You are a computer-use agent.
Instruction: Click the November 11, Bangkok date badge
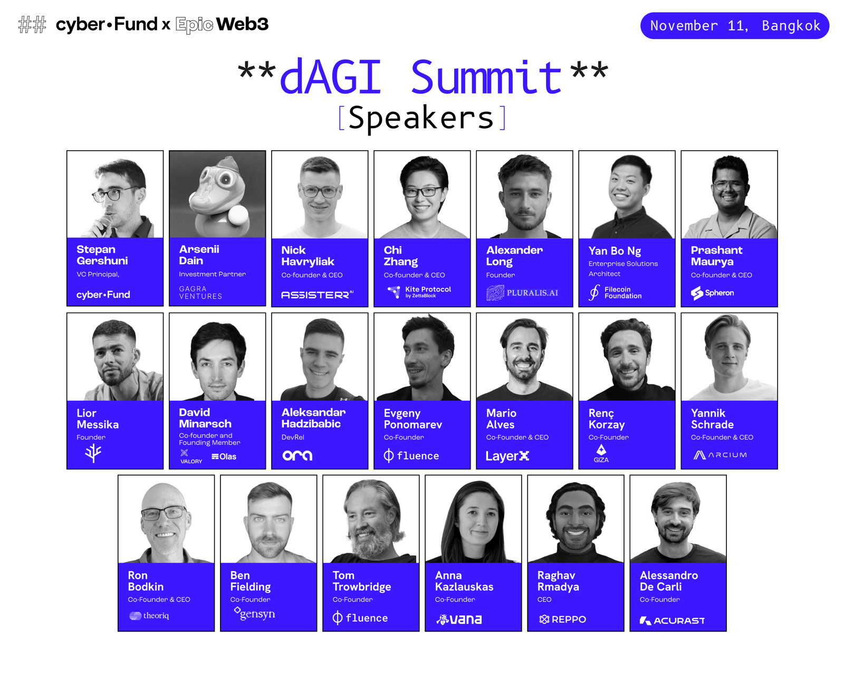coord(734,26)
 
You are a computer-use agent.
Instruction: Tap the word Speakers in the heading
coord(421,118)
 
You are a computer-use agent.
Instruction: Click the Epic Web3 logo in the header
coord(222,25)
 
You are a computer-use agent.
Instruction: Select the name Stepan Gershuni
coord(102,255)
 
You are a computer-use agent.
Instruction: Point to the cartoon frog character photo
coord(217,195)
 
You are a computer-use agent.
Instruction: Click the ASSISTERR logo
coord(317,295)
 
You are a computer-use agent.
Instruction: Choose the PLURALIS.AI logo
coord(522,293)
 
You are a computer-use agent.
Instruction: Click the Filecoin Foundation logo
coord(615,293)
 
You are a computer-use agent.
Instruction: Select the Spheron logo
coord(712,293)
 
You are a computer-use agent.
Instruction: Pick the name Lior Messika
coord(97,419)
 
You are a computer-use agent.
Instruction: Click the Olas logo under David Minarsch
coord(224,457)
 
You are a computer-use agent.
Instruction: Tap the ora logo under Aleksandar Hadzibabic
coord(298,455)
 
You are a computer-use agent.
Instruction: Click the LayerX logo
coord(507,456)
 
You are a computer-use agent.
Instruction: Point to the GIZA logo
coord(601,454)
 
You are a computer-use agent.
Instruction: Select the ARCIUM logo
coord(720,455)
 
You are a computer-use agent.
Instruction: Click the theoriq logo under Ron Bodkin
coord(149,616)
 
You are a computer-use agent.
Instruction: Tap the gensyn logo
coord(254,614)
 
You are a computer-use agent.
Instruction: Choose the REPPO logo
coord(562,620)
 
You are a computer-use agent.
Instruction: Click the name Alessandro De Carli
coord(669,581)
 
